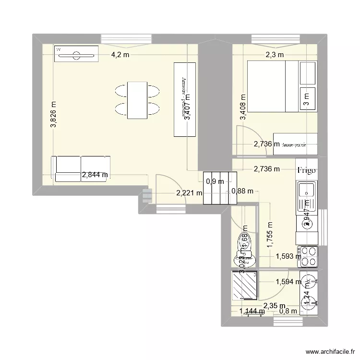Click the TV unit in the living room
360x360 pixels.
77,54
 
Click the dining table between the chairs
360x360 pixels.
137,100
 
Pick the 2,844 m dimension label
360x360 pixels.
95,175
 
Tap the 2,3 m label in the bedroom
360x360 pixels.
275,55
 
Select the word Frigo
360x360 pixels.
307,170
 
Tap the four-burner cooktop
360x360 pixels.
307,256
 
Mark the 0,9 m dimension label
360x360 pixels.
215,181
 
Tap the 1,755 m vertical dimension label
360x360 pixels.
270,234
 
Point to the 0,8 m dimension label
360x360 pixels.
288,311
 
